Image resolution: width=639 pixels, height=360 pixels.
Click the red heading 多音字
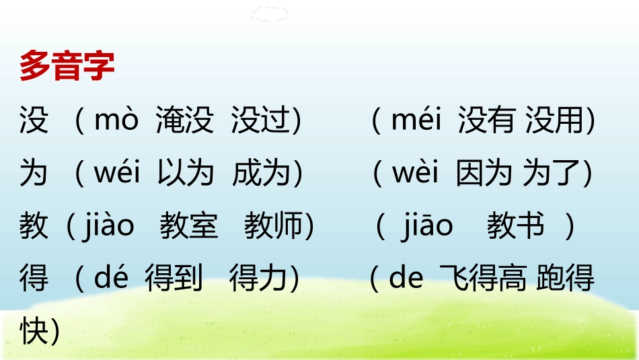pyautogui.click(x=67, y=66)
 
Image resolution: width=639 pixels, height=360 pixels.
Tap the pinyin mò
pyautogui.click(x=116, y=121)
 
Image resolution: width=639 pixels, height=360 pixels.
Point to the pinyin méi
pyautogui.click(x=416, y=121)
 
